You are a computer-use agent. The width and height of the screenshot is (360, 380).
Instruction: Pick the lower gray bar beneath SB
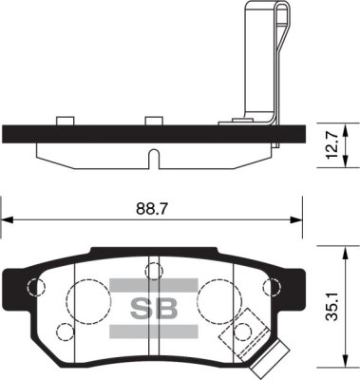click(x=153, y=331)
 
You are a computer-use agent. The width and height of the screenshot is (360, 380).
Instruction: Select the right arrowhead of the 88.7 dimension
click(x=297, y=219)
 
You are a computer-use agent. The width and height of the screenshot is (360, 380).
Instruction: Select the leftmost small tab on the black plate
click(x=65, y=121)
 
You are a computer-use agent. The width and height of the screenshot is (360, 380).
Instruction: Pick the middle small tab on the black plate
click(x=152, y=121)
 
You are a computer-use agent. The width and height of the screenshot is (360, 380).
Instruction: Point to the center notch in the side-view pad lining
click(x=152, y=155)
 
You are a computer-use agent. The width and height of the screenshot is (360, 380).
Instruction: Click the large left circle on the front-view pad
click(x=90, y=297)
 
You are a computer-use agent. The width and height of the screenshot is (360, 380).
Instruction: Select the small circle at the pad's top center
click(x=152, y=273)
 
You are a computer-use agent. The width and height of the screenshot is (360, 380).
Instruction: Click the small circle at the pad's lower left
click(x=66, y=332)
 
